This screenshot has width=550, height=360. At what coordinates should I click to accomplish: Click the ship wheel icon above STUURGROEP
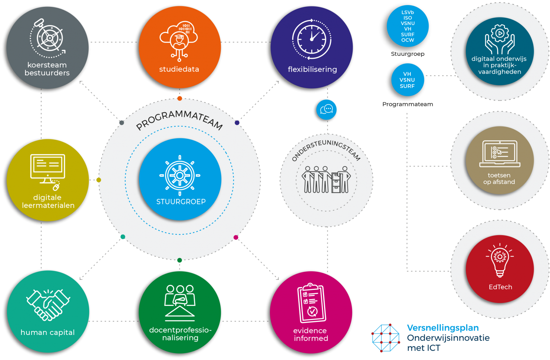click(180, 175)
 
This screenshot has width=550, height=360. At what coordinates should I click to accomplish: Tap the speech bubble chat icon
click(327, 109)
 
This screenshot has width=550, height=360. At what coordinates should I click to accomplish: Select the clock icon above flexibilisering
click(311, 39)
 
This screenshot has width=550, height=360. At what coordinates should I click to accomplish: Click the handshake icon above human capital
click(48, 304)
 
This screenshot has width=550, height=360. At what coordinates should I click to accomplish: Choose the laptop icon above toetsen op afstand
click(500, 154)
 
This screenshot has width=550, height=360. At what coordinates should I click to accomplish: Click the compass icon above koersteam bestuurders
click(48, 38)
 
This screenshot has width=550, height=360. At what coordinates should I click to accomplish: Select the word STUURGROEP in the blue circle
click(181, 202)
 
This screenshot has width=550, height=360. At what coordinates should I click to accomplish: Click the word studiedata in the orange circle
click(179, 69)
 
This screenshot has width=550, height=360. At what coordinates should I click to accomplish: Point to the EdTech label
click(500, 287)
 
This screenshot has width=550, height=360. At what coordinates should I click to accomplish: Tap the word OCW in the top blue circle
click(407, 40)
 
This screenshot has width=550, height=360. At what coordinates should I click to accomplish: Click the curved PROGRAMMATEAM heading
click(179, 120)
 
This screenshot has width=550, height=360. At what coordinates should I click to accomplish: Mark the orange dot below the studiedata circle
click(180, 98)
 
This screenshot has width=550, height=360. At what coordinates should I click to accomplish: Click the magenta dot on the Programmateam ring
click(236, 237)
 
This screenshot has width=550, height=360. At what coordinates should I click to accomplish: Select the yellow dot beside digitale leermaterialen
click(98, 180)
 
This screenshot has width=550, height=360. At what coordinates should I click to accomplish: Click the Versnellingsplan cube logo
click(386, 338)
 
